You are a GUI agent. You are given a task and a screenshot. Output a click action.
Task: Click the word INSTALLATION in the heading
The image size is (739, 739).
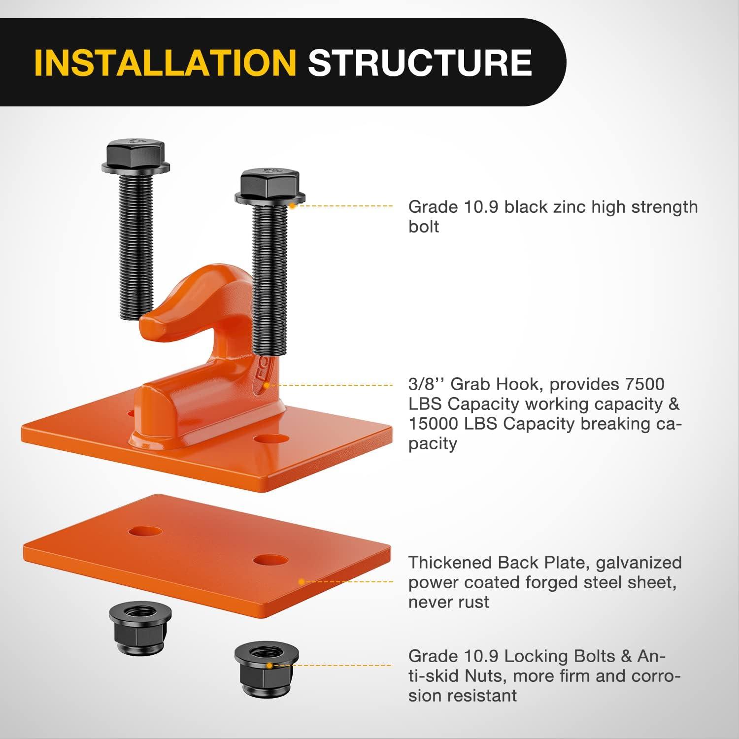(x=165, y=63)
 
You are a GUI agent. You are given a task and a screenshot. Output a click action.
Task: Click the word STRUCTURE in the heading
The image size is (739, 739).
(x=420, y=63)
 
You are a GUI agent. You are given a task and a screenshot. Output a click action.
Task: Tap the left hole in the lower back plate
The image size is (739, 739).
(x=145, y=532)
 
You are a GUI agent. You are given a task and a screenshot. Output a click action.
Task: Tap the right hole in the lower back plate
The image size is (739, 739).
(x=270, y=560)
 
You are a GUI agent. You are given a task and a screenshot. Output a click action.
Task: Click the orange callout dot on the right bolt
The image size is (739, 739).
(x=292, y=205)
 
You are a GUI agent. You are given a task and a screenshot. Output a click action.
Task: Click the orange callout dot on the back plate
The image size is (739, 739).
(x=302, y=582)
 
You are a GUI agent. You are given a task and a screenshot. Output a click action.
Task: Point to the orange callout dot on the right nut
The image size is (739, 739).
(x=269, y=666)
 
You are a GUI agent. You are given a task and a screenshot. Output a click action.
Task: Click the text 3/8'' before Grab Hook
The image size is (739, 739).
(x=427, y=384)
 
